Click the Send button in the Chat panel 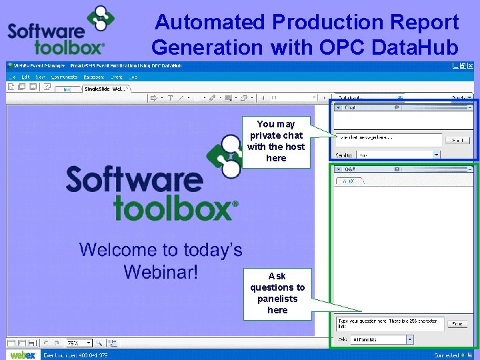point(457,140)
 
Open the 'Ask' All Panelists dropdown point(381,339)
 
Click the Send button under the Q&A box point(457,323)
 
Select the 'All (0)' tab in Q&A point(348,181)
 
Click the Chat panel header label point(350,107)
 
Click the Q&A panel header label point(351,169)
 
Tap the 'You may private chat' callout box point(276,141)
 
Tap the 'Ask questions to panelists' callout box point(277,293)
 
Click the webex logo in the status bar point(23,355)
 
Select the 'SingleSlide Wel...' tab point(109,88)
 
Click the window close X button point(472,66)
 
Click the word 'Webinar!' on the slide point(161,272)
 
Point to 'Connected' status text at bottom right point(447,355)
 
